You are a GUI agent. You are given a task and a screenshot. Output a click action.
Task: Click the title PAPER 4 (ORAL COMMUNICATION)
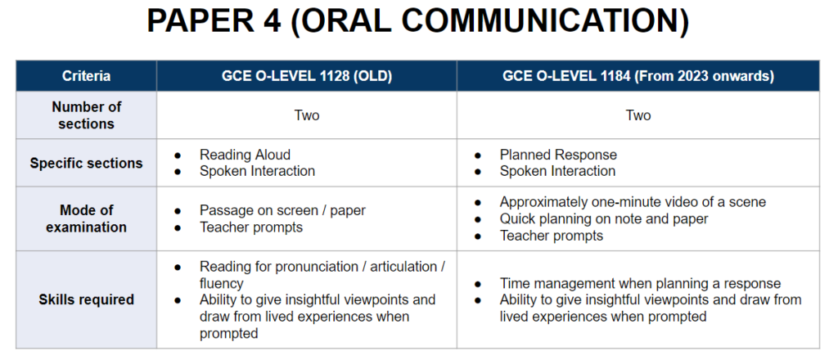[418, 21]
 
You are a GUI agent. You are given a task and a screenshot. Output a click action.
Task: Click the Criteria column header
[86, 76]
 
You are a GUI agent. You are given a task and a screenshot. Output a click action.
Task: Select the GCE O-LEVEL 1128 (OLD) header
[307, 76]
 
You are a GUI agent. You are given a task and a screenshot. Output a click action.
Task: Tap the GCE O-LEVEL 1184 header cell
[638, 76]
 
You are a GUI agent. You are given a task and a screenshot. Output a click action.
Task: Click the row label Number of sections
[86, 115]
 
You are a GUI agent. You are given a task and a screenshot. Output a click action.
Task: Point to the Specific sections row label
[86, 163]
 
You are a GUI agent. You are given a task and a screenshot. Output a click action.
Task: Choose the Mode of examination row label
[86, 218]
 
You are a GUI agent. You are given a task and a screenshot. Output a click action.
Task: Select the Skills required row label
[86, 299]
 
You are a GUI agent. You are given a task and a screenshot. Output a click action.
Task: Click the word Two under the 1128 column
[307, 115]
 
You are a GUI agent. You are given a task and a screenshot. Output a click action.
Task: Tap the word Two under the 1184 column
[638, 115]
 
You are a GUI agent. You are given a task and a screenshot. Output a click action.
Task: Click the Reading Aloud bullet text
[245, 155]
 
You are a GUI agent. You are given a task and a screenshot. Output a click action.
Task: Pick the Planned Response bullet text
[558, 155]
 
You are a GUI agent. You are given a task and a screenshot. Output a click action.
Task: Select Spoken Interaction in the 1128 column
[257, 171]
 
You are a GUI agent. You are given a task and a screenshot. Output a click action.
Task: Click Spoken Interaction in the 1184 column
[557, 171]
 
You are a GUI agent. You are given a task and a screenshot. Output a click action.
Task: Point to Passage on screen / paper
[282, 210]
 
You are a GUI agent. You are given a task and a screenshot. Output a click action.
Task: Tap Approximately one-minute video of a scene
[633, 202]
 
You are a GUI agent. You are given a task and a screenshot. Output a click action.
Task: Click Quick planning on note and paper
[604, 219]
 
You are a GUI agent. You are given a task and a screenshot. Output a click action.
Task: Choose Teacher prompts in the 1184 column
[551, 236]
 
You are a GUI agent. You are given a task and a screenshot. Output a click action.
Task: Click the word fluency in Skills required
[221, 284]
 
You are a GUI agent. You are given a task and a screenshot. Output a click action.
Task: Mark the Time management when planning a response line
[640, 284]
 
